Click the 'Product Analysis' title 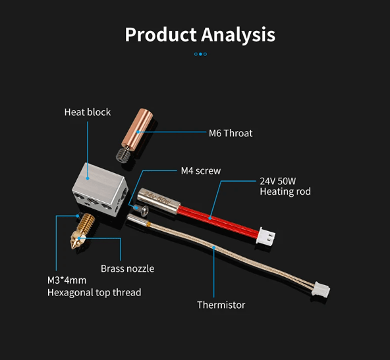[200, 35]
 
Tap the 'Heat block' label [88, 112]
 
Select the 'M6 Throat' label [231, 134]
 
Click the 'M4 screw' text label [201, 171]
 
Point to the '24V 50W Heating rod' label [285, 186]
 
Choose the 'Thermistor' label [221, 305]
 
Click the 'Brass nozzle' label [127, 269]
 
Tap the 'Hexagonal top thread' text [94, 292]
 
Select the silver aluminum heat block [100, 190]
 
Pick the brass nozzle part [82, 230]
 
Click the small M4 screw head [141, 209]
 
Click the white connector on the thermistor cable [322, 289]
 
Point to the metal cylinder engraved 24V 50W [158, 200]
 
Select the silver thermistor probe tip [137, 220]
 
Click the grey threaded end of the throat [123, 155]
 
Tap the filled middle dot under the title [200, 54]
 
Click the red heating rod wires [218, 221]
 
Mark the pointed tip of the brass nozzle [72, 248]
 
